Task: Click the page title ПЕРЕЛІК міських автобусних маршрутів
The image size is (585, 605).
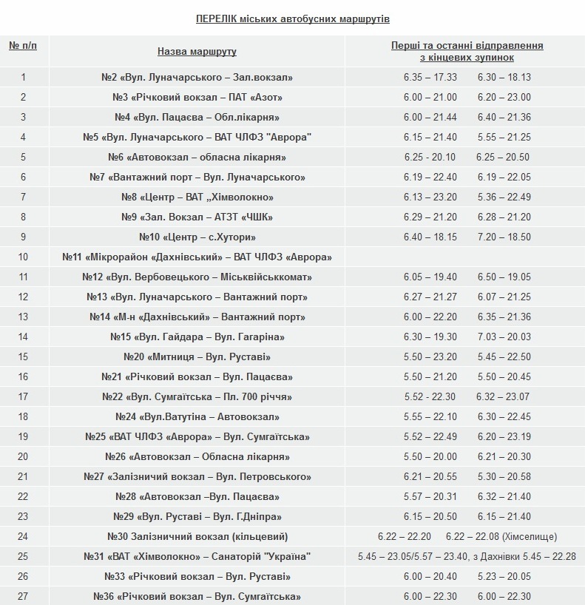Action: point(292,18)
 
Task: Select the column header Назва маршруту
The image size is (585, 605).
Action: point(197,51)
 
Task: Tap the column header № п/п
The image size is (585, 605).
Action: point(23,46)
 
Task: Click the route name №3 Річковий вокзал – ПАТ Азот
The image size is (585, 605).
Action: point(197,97)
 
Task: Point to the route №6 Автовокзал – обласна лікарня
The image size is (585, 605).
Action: point(197,157)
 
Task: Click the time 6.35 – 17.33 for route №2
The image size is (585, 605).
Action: point(430,77)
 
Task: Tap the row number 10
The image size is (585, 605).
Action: point(23,257)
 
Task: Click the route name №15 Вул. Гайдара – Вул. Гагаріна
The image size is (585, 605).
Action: point(197,337)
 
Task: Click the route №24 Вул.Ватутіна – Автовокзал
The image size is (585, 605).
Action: point(197,416)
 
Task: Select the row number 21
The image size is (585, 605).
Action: point(23,476)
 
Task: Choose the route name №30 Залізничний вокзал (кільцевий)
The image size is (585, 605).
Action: point(197,536)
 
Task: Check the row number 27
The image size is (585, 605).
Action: point(23,596)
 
